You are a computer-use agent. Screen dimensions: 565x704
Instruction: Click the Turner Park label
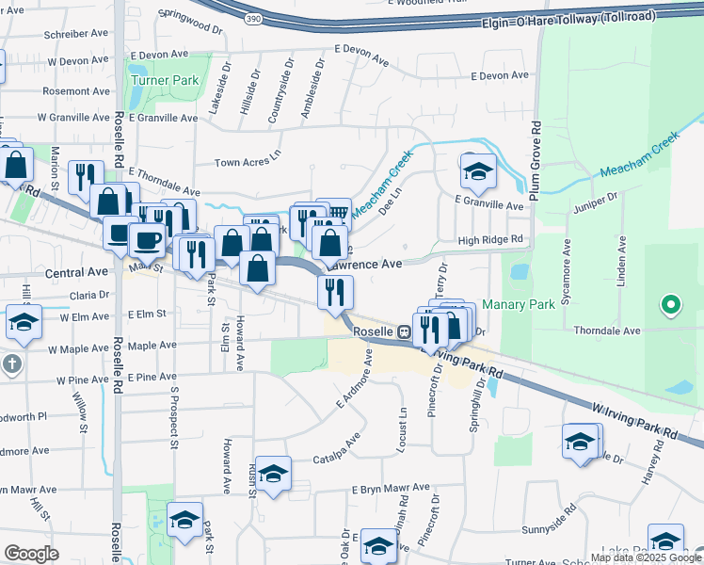tap(165, 81)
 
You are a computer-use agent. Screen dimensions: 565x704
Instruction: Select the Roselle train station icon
tap(402, 332)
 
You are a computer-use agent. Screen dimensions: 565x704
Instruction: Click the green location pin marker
tap(670, 305)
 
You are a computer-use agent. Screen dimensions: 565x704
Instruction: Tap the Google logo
tap(31, 554)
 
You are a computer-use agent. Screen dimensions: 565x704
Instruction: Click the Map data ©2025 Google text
tap(645, 557)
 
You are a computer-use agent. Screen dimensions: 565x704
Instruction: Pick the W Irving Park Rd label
tap(635, 421)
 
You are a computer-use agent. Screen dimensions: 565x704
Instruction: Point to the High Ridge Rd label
tap(489, 240)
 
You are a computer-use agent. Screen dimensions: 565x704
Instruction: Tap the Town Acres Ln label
tap(248, 161)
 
